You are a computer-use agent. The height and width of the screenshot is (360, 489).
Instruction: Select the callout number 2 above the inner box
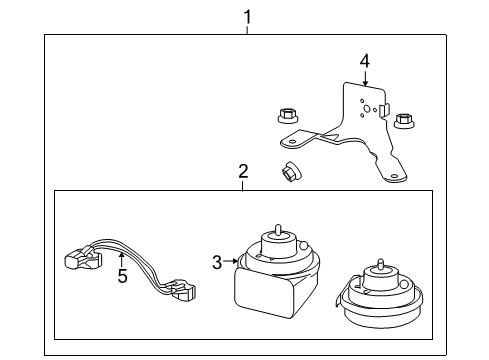point(243,172)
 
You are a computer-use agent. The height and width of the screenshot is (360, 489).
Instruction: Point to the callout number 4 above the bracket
point(364,61)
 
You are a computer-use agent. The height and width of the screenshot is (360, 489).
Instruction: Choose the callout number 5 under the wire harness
point(122,275)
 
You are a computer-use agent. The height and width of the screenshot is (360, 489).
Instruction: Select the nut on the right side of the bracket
point(404,121)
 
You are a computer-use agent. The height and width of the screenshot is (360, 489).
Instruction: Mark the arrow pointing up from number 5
point(122,256)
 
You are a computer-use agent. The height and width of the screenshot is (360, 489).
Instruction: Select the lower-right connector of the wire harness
point(185,291)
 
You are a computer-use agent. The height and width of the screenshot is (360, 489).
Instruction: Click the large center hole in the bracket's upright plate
point(367,111)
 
